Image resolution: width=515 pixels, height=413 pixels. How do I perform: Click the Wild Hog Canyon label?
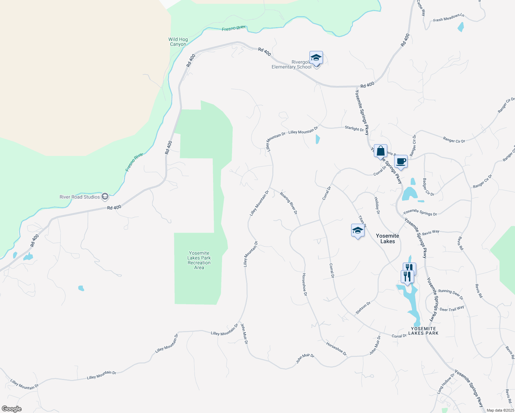(178, 42)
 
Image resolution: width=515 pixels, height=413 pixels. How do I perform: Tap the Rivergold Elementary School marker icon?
(316, 58)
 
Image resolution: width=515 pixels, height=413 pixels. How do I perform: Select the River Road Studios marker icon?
(105, 197)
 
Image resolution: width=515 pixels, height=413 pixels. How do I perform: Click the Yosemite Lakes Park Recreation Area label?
(199, 260)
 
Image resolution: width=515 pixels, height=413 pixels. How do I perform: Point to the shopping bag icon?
(380, 151)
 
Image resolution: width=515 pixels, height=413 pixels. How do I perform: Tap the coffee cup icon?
(401, 161)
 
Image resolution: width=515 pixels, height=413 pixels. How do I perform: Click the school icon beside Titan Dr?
(358, 230)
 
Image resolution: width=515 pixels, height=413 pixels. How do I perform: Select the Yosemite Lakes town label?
(387, 239)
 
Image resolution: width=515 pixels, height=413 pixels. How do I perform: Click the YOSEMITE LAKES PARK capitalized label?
(423, 331)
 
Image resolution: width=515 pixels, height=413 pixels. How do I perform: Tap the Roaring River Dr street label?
(288, 203)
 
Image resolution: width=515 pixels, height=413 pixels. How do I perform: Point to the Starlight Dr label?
(354, 128)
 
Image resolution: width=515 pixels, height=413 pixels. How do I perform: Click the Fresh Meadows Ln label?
(449, 18)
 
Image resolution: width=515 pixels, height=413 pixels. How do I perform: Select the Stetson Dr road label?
(363, 308)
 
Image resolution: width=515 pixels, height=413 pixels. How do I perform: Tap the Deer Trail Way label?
(452, 309)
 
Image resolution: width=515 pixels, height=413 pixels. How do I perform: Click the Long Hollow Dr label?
(446, 383)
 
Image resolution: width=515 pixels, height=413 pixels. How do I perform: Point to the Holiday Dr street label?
(377, 205)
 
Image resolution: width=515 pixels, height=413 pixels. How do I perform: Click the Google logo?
(12, 409)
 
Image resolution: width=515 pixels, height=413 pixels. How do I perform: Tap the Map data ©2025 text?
(500, 410)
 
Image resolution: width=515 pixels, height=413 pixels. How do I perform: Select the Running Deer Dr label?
(451, 294)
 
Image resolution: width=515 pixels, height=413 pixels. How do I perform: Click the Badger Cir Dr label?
(429, 187)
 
